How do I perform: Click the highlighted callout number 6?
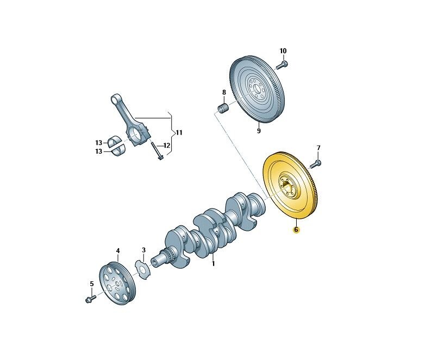[296, 229]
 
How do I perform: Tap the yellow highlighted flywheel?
[291, 186]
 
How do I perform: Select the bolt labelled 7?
[316, 164]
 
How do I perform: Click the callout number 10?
[283, 51]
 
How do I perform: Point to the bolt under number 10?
[281, 65]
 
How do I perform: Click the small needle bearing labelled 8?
[223, 108]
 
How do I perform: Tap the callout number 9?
[259, 131]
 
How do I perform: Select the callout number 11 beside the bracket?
[179, 132]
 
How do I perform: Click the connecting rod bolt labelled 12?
[156, 150]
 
